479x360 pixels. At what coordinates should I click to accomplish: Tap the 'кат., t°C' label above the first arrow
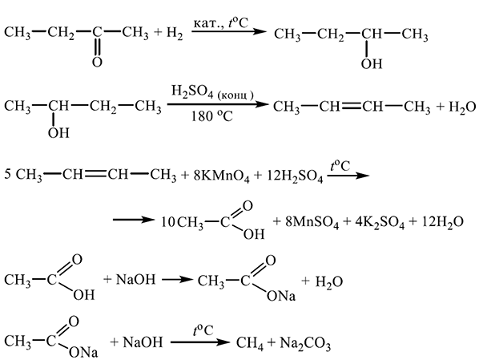coord(221,23)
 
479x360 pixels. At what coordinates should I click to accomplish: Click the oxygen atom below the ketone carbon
coord(97,62)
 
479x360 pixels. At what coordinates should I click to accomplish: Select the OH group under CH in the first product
coord(372,64)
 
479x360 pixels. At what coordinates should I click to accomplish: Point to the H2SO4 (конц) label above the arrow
coord(212,92)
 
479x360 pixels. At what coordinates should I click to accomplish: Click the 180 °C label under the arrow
coord(212,116)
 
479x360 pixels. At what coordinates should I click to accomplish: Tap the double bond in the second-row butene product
coord(352,107)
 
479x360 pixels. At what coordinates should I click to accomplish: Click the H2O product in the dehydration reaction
coord(462,107)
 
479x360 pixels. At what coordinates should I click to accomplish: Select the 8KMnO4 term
coord(221,176)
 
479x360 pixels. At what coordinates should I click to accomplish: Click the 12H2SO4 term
coord(295,176)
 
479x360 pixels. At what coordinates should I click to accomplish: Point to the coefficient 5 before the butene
coord(8,175)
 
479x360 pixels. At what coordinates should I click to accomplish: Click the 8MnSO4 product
coord(312,222)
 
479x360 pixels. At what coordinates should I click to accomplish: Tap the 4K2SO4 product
coord(380,222)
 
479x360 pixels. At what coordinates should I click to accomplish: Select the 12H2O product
coord(443,222)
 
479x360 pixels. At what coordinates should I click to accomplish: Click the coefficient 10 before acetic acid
coord(167,222)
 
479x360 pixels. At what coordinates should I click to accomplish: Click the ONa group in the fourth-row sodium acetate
coord(281,296)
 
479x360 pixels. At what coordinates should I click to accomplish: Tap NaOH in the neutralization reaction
coord(135,280)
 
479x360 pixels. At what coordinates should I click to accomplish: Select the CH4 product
coord(250,343)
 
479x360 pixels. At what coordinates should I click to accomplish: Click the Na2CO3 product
coord(305,343)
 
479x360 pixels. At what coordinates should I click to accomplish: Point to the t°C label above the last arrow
coord(203,331)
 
